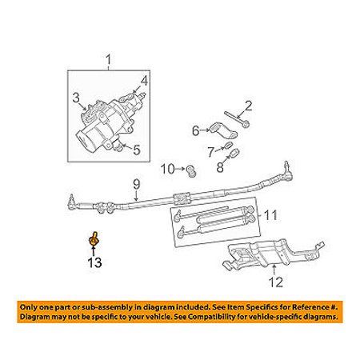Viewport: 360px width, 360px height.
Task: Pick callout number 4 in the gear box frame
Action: pos(145,80)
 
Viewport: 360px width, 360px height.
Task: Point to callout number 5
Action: pos(137,148)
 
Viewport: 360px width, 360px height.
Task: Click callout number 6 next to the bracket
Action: pos(194,129)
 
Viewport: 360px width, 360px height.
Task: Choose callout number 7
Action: pos(210,150)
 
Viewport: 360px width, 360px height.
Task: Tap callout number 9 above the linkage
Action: pos(136,183)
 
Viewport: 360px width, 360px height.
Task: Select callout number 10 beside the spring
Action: pos(167,169)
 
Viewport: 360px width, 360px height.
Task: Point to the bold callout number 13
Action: pos(95,262)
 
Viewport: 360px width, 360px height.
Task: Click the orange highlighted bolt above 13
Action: pos(94,238)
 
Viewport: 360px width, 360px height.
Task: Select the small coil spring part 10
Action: pos(192,170)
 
